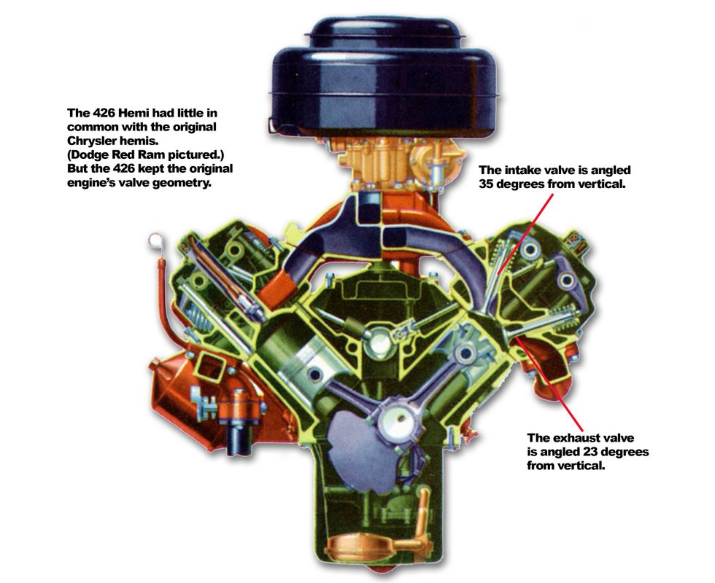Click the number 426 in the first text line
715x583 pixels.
pyautogui.click(x=102, y=112)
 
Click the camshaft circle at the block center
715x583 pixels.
pyautogui.click(x=378, y=343)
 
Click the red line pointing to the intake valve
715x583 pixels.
pyautogui.click(x=526, y=233)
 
